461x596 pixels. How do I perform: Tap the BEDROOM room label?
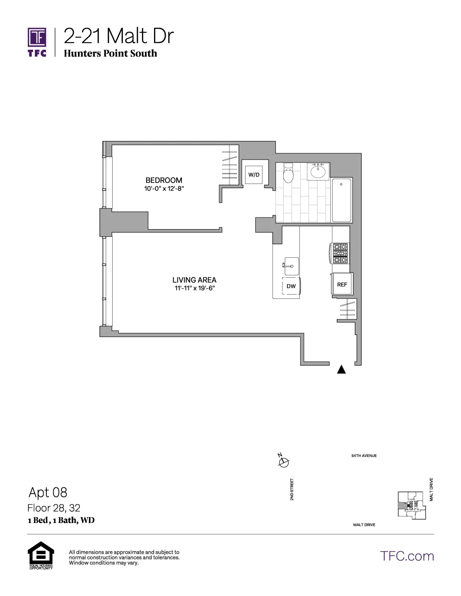164,180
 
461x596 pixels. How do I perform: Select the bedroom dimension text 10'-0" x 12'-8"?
164,189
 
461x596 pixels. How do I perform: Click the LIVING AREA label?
194,280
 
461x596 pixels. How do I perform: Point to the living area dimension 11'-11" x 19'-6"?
194,289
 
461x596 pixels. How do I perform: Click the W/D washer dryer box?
254,175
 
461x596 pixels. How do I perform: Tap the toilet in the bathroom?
288,173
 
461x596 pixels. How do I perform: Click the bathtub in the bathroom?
342,201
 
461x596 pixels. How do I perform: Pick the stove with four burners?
340,254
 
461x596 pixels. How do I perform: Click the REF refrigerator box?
342,285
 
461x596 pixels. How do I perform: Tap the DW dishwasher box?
291,286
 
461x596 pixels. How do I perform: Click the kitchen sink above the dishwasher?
291,266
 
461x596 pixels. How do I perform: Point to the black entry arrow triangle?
341,369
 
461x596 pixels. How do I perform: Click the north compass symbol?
284,462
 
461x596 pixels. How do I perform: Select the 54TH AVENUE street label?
364,456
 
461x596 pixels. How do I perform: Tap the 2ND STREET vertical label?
292,489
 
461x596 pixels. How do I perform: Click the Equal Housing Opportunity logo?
41,555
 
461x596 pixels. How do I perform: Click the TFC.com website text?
407,556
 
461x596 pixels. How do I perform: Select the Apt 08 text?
48,492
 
